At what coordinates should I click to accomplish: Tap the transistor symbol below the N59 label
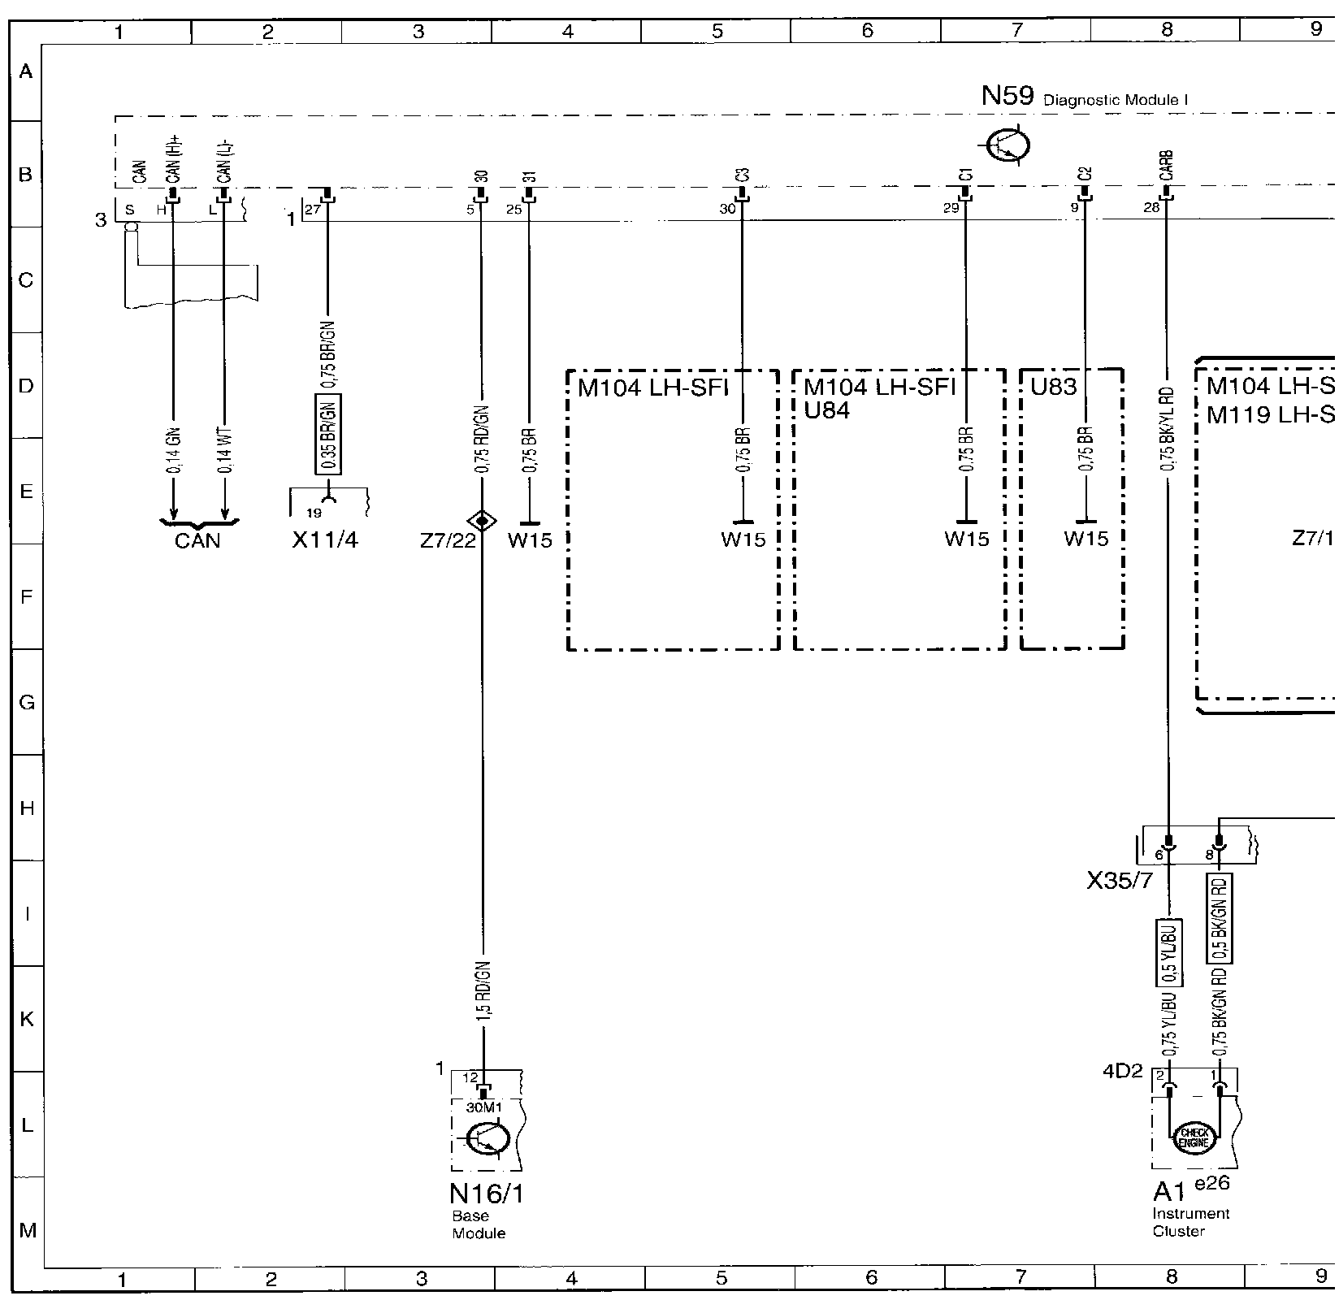pyautogui.click(x=1008, y=146)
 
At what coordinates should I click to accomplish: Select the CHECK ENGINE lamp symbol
pyautogui.click(x=1194, y=1138)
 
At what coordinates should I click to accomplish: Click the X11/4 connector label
pyautogui.click(x=324, y=540)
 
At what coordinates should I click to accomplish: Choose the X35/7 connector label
pyautogui.click(x=1119, y=881)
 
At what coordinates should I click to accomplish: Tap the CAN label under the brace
pyautogui.click(x=197, y=540)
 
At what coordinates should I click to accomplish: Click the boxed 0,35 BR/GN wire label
pyautogui.click(x=328, y=434)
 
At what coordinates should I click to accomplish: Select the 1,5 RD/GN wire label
pyautogui.click(x=483, y=990)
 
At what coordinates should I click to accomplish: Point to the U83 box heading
pyautogui.click(x=1054, y=387)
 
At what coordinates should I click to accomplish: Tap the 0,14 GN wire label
pyautogui.click(x=174, y=451)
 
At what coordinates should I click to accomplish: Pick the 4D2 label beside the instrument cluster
pyautogui.click(x=1122, y=1071)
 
